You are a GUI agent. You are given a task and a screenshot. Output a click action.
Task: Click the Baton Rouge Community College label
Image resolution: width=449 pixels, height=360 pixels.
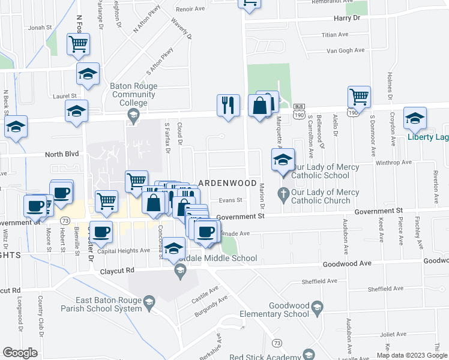coord(133,94)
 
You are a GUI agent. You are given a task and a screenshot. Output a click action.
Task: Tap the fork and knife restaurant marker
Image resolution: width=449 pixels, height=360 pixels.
coord(228,105)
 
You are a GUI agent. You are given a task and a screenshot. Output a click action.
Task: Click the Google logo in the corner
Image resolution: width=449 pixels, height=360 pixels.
coord(20,352)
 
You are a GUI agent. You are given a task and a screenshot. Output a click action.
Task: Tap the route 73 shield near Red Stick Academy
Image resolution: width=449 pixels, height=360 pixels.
coord(276,343)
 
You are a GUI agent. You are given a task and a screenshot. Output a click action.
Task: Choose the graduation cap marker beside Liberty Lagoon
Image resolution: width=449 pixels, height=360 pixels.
coord(414,118)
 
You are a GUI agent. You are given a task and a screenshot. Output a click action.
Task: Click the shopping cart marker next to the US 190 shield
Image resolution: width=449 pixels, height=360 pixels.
coord(358,97)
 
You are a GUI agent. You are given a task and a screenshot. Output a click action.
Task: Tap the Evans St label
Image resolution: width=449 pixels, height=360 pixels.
coord(229,200)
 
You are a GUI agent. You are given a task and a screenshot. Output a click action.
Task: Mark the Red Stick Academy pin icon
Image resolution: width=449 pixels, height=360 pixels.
coord(309,354)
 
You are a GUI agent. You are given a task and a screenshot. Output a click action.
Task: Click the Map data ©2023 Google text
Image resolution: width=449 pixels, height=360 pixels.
coord(411,355)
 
